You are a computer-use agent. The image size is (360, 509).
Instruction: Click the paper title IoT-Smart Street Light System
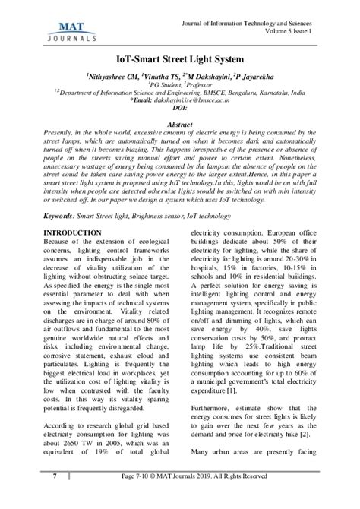click(179, 57)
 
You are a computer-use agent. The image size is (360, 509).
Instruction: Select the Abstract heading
click(179, 123)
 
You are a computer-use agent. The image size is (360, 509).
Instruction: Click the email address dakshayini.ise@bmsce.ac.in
click(206, 100)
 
